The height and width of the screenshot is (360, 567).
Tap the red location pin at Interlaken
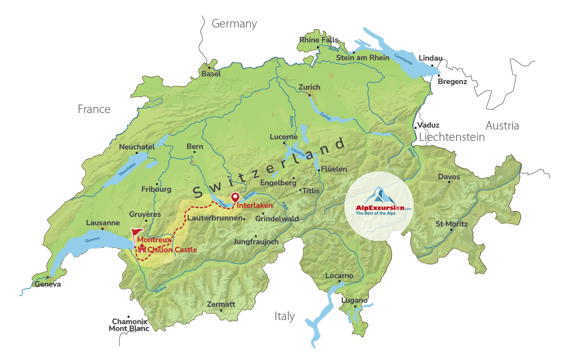coord(235,197)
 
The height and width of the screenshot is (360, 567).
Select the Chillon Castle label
coord(172,250)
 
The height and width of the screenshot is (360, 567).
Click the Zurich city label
coord(309,87)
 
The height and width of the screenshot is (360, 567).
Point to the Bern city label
coord(195,147)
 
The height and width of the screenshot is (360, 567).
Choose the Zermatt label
coord(221,304)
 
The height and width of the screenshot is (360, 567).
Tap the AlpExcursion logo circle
coord(379,206)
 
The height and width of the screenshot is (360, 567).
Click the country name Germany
coord(234,24)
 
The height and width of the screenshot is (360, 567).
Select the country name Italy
coord(285,316)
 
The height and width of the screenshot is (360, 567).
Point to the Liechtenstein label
coord(452,137)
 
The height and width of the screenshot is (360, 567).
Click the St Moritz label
coord(452,224)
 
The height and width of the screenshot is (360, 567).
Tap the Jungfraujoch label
coord(256,242)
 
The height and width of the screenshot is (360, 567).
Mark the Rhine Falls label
coord(319,40)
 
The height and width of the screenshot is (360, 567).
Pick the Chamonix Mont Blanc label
coord(129,325)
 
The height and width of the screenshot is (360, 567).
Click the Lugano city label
coord(354,300)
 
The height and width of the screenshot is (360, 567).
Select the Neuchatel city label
coord(137,147)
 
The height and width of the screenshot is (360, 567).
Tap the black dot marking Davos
coord(449,182)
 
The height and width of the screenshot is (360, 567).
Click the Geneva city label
coord(48,284)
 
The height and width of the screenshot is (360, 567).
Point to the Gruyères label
coord(145,214)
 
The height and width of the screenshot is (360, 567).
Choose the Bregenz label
coord(452,82)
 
